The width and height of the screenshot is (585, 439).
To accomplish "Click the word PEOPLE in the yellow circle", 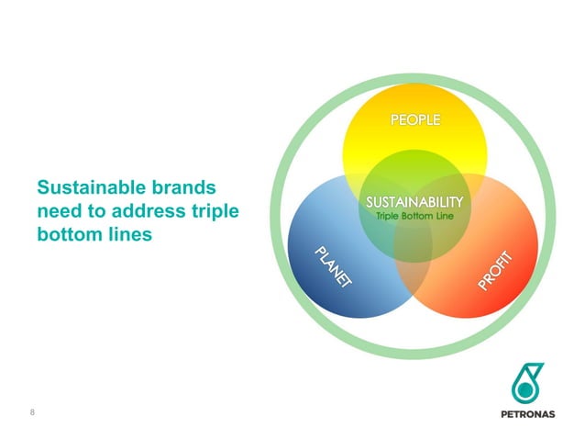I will click(416, 120).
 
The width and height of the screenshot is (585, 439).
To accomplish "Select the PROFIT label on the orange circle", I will click(499, 269).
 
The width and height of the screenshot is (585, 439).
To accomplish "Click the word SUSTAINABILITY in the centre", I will click(414, 201).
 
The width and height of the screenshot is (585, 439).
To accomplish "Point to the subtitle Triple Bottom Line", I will click(414, 216).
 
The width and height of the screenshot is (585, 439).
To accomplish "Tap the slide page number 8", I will click(32, 411).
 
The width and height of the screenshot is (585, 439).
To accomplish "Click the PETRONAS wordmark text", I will click(527, 413).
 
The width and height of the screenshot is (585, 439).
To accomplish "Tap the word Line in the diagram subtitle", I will click(447, 216).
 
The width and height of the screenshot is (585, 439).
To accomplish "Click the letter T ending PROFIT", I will click(515, 253).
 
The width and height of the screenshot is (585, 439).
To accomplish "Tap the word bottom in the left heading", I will click(69, 234).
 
